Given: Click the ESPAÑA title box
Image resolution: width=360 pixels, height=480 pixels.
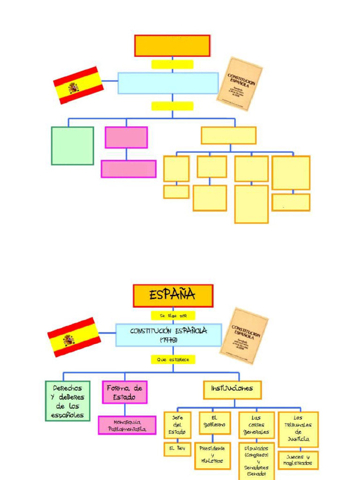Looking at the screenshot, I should click(173, 296).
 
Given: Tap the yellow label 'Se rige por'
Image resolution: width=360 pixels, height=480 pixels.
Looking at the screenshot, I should click(172, 316).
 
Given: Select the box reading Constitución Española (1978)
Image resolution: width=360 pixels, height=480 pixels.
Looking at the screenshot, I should click(168, 335).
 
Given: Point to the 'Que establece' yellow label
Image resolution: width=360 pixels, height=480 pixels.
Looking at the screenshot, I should click(172, 360).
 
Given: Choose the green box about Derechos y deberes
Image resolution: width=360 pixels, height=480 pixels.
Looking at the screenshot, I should click(67, 401).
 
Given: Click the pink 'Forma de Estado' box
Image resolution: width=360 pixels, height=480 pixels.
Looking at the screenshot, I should click(125, 392).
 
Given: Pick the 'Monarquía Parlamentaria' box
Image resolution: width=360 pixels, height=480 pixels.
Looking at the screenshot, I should click(127, 425).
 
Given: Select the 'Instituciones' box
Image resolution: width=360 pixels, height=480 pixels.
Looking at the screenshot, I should click(232, 389).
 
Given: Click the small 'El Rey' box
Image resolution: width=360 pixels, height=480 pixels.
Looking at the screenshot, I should click(177, 449).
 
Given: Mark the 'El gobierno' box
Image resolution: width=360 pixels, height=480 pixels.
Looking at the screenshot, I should click(214, 423).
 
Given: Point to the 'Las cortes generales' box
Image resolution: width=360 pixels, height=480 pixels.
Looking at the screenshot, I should click(256, 425).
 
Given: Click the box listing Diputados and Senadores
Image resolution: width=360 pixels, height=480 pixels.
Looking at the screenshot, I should click(256, 461).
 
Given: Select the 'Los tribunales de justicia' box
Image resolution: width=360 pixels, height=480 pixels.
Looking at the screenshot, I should click(298, 429).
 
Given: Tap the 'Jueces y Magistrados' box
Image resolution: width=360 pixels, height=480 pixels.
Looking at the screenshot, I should click(298, 460).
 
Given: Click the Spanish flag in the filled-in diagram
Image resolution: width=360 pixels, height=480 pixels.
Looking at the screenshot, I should click(74, 337).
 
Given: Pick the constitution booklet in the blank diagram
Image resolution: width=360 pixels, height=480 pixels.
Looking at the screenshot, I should click(239, 84).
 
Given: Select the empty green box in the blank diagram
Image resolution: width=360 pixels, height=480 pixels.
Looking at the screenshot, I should click(72, 146).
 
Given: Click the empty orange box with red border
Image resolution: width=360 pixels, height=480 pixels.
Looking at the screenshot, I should click(172, 45).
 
